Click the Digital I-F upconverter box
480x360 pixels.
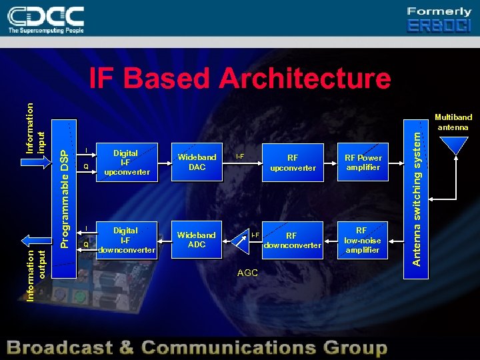point(125,163)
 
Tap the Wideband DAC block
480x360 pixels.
point(197,162)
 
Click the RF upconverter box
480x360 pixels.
point(293,163)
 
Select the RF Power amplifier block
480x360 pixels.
point(363,163)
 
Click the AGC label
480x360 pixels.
point(247,273)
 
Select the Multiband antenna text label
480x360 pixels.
point(453,122)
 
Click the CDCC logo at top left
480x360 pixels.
point(47,19)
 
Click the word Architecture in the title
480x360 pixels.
point(305,79)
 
